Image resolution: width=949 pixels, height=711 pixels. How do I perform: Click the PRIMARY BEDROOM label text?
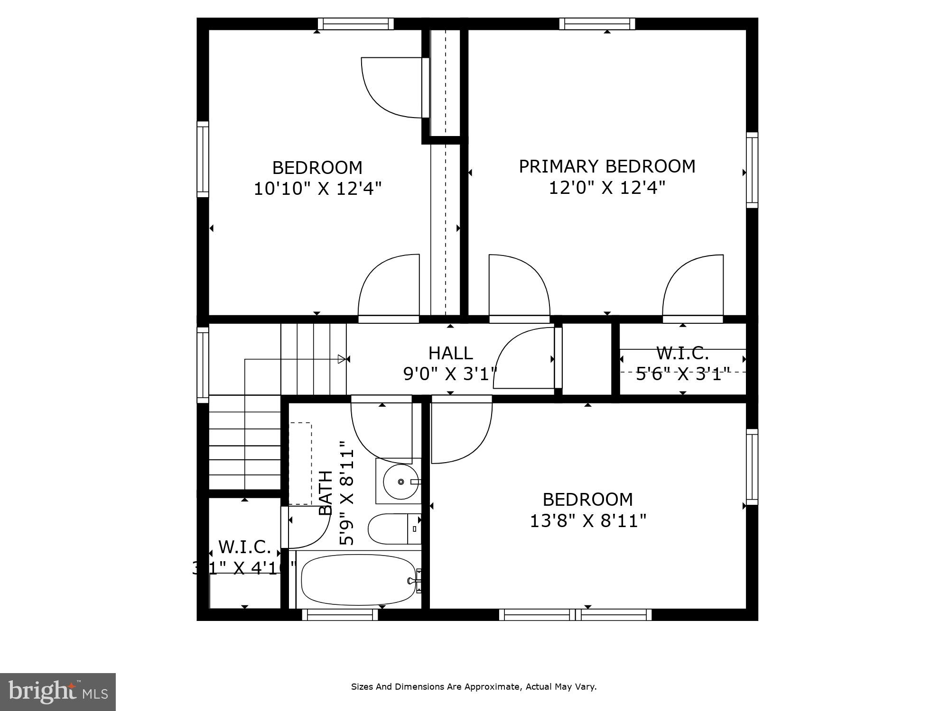[607, 166]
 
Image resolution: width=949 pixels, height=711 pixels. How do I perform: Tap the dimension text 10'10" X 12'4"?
[317, 189]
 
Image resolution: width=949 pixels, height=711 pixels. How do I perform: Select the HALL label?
[450, 353]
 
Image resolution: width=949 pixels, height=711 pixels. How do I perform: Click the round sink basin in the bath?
[400, 482]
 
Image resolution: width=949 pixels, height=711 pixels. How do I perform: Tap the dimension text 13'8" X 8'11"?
[587, 521]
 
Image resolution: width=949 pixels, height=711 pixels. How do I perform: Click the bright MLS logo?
[57, 692]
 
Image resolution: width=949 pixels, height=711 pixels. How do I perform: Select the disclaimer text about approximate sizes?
[474, 686]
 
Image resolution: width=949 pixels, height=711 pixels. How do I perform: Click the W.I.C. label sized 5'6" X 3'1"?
[682, 353]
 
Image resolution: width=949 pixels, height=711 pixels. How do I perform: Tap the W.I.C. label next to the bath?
[244, 547]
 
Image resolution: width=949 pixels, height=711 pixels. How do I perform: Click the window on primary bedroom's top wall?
[597, 24]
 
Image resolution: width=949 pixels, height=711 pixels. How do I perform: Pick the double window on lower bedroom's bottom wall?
[575, 615]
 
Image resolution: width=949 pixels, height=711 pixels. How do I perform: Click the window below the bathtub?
[340, 615]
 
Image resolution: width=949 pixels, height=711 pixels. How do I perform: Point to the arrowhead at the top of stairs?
[342, 359]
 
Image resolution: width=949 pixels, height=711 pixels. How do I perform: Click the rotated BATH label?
[326, 492]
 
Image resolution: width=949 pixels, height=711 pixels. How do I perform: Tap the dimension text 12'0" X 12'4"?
[607, 188]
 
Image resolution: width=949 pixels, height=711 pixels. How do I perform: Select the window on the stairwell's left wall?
[203, 365]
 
